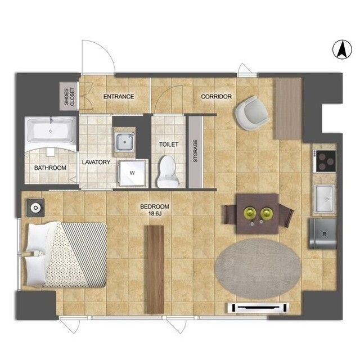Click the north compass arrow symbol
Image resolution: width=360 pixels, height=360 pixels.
(342, 50)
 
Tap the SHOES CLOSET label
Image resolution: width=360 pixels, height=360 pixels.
(69, 97)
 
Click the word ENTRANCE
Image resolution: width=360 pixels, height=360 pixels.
(119, 97)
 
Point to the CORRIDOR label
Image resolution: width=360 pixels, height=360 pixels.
(216, 97)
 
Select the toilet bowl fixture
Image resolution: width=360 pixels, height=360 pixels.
(168, 171)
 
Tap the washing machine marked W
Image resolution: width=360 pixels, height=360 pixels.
(132, 173)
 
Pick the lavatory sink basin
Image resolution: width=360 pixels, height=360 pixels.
(124, 142)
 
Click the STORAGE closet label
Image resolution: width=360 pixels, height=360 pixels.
(195, 151)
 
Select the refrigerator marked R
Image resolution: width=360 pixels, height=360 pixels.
(323, 234)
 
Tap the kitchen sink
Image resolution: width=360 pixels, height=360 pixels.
(325, 199)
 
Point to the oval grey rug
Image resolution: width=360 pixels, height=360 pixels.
(258, 269)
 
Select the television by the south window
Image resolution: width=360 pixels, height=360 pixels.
(258, 308)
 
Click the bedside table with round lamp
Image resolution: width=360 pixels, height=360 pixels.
(35, 208)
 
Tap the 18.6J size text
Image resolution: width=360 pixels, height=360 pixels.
(155, 214)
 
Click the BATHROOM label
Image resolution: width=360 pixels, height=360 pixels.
(50, 168)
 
